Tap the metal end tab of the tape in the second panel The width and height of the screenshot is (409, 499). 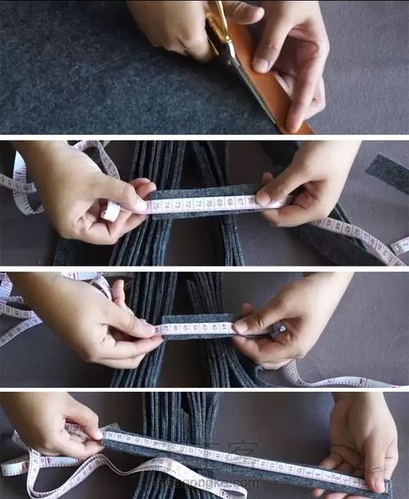pyautogui.click(x=110, y=212)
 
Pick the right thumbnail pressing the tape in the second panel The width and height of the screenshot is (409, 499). pyautogui.click(x=263, y=198)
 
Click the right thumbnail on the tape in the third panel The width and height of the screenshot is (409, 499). pyautogui.click(x=241, y=326)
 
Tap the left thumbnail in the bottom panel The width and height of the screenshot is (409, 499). pyautogui.click(x=96, y=434)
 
